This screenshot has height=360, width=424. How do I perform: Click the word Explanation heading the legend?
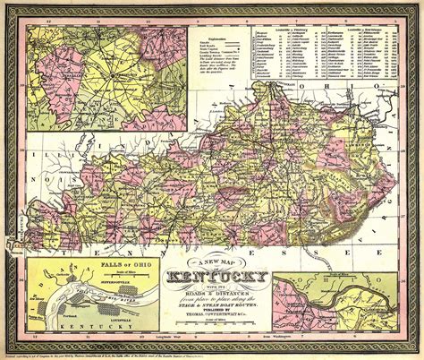coord(218,36)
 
